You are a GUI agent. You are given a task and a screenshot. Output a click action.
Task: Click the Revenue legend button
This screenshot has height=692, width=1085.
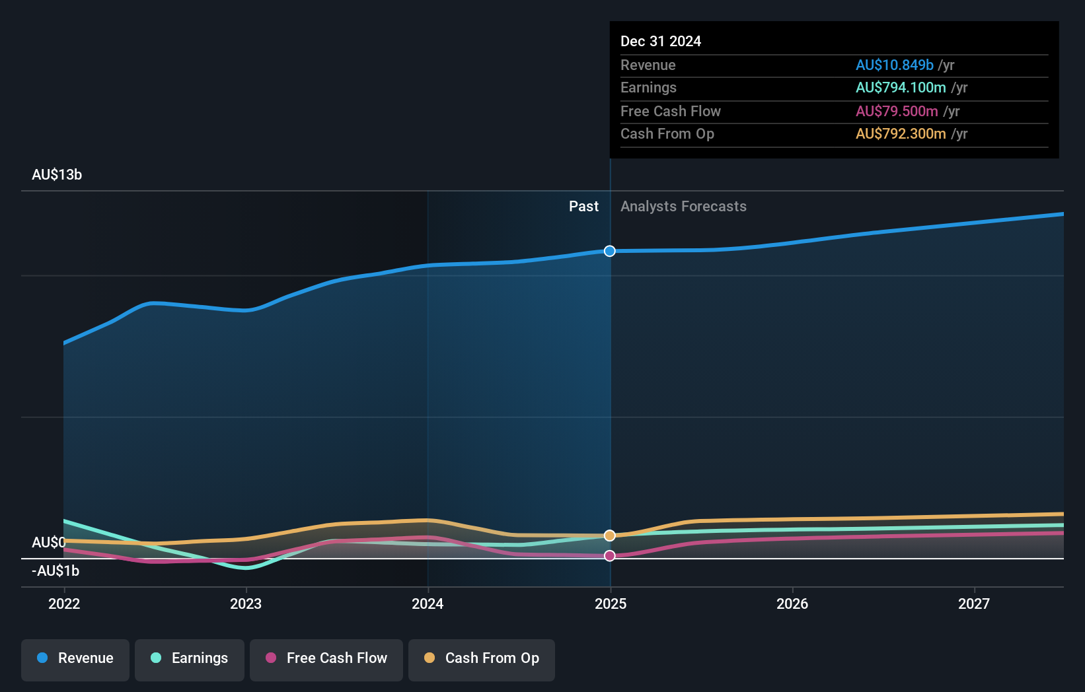tap(75, 658)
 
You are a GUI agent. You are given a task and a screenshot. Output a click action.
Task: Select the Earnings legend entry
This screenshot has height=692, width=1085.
tap(190, 658)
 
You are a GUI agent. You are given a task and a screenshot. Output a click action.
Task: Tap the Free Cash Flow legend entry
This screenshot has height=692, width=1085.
tap(326, 658)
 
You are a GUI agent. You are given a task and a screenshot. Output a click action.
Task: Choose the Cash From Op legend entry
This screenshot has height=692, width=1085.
tap(482, 658)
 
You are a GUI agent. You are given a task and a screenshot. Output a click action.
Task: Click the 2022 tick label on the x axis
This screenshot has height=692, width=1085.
tap(64, 604)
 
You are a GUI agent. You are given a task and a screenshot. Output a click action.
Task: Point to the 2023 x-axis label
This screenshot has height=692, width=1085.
tap(246, 604)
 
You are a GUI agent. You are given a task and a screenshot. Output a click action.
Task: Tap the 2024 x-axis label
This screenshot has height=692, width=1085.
tap(428, 604)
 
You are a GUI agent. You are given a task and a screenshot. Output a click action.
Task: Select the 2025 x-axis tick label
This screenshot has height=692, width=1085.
tap(611, 604)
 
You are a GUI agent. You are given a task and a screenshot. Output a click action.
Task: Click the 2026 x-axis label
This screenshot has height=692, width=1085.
tap(792, 604)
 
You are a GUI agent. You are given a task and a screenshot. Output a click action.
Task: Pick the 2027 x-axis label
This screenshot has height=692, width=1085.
tap(974, 604)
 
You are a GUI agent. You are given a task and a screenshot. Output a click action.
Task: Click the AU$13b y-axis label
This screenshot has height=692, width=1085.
tap(57, 175)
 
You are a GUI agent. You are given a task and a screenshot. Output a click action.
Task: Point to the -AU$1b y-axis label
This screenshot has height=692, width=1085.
tap(56, 571)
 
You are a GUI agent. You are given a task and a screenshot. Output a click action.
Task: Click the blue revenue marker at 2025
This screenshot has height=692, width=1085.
tap(610, 251)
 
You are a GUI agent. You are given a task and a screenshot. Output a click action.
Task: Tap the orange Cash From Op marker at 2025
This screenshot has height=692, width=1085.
tap(610, 536)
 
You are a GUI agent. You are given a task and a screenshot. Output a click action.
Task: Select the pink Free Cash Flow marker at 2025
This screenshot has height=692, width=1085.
tap(610, 556)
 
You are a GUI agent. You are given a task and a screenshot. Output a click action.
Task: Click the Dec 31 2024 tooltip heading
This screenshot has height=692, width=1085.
tap(661, 41)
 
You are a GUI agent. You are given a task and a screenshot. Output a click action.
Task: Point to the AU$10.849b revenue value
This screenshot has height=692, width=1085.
tap(894, 65)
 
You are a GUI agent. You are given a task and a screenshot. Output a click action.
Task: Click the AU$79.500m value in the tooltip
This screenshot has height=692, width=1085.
tap(897, 111)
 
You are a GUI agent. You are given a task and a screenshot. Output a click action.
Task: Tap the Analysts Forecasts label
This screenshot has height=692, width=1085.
tap(683, 207)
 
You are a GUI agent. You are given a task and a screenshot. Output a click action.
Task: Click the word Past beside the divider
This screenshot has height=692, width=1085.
tap(583, 207)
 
